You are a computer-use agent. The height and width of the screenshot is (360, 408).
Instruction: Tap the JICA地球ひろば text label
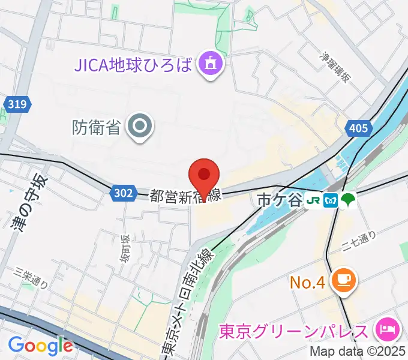131,63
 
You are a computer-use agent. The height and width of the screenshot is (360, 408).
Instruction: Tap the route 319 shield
17,104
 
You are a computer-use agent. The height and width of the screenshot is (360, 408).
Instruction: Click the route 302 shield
122,193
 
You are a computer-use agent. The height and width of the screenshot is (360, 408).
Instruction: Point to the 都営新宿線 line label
186,196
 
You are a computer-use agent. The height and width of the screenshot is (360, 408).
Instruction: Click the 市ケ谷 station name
279,200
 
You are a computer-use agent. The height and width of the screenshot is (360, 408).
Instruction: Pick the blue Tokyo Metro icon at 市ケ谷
330,200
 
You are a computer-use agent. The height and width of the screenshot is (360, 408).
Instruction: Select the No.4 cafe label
308,281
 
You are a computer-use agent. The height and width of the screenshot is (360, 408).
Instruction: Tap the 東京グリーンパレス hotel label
294,331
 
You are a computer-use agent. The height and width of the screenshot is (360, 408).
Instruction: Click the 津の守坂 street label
28,204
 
